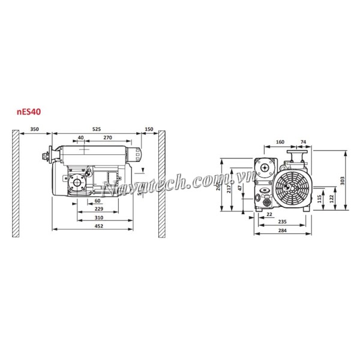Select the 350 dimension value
pos(35,130)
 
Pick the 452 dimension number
pos(99,226)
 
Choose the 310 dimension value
pos(99,217)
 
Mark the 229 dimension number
pos(99,208)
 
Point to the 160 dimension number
pos(280,143)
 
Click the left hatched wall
pos(14,183)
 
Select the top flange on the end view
pos(295,155)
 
